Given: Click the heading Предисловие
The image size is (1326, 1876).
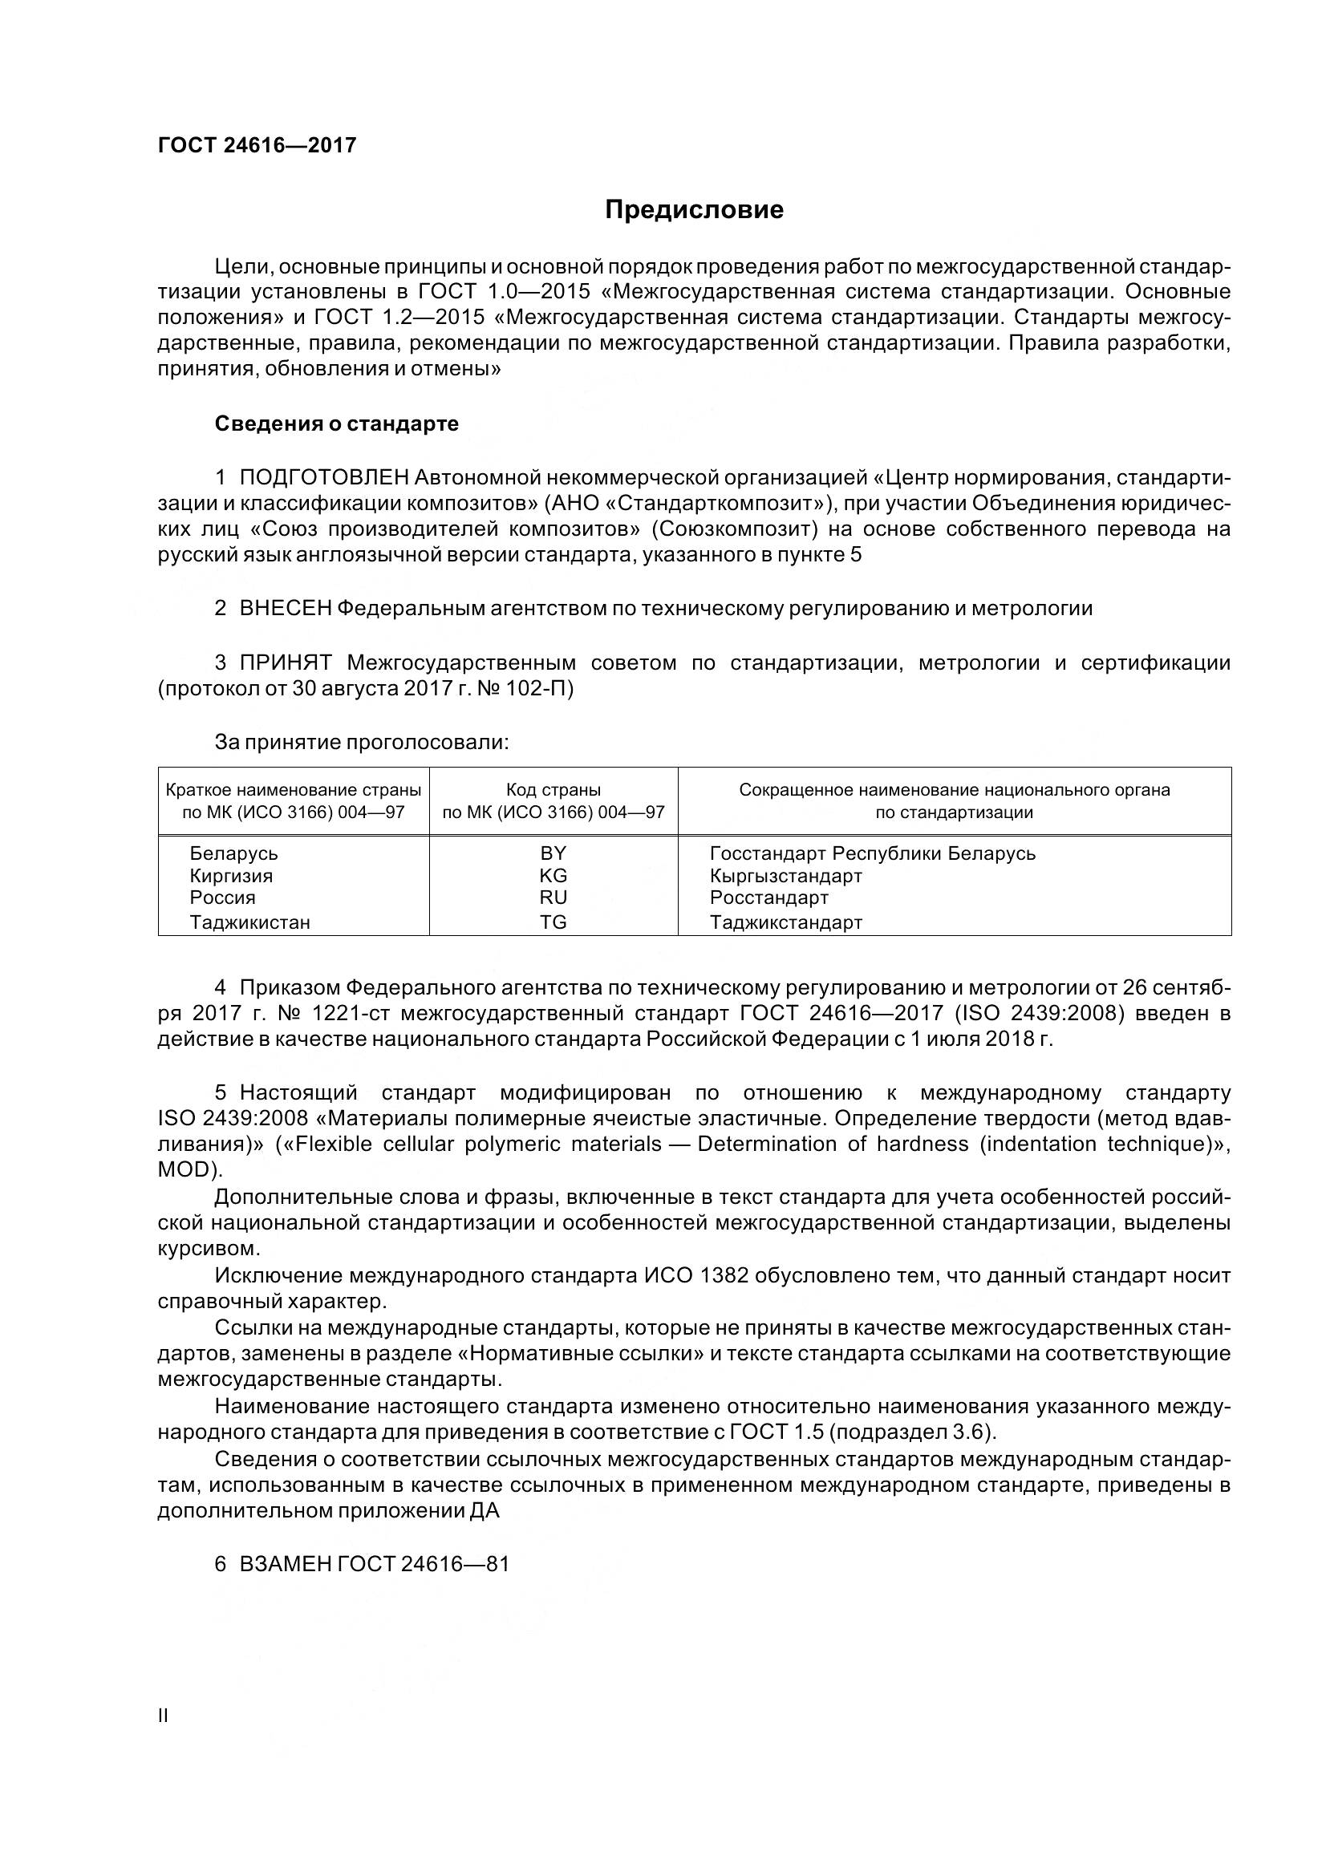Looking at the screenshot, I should click(x=694, y=210).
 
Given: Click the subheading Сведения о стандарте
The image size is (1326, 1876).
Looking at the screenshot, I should click(x=336, y=423).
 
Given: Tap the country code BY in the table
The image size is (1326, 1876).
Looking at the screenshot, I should click(x=554, y=853).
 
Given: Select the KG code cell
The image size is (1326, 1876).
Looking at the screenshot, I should click(x=554, y=875).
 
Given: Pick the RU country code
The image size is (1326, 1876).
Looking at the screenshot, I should click(x=554, y=897).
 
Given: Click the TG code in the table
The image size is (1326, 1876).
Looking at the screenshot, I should click(x=554, y=922).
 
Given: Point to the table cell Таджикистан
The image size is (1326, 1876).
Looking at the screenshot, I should click(x=250, y=922).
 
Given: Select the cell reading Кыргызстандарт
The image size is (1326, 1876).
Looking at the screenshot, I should click(x=786, y=876).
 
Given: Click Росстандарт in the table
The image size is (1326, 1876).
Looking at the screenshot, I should click(x=768, y=898).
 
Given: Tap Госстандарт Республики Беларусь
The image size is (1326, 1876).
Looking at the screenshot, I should click(x=873, y=854).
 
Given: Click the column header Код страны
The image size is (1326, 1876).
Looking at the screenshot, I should click(x=554, y=789).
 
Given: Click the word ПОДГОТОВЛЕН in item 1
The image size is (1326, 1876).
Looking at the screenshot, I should click(x=323, y=476).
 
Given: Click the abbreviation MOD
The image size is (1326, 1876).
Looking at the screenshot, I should click(x=185, y=1170).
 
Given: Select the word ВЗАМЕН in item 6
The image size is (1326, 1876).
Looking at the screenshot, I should click(x=284, y=1564).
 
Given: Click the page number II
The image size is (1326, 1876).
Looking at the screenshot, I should click(x=163, y=1716).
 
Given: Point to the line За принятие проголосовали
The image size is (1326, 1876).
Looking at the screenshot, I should click(x=361, y=742).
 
